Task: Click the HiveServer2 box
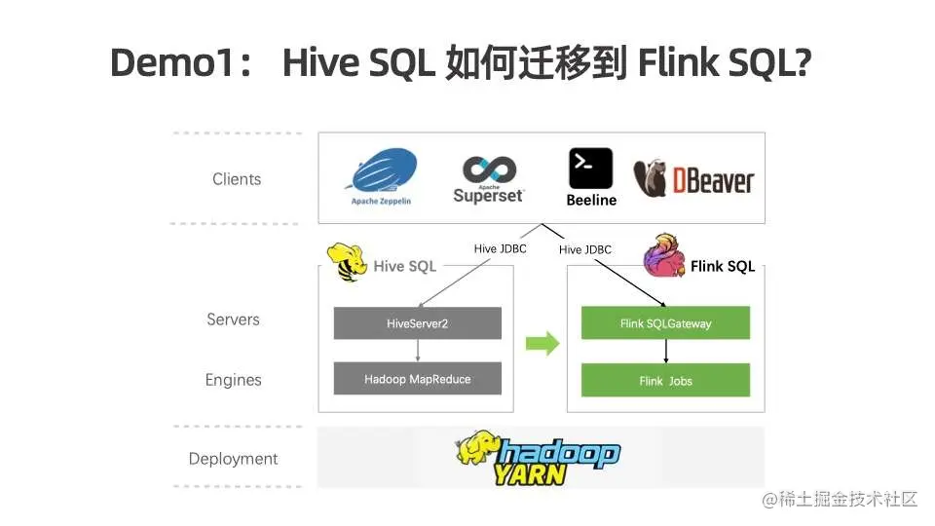pos(417,323)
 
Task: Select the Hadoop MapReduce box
pos(417,379)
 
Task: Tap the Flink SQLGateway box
pos(665,323)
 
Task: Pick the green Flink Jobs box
pos(665,381)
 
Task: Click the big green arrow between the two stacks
pos(542,343)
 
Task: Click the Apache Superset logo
pos(488,178)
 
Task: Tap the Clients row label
pos(237,179)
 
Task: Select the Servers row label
pos(233,319)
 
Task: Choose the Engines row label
pos(233,380)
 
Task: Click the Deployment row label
pos(233,459)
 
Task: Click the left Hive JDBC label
pos(500,248)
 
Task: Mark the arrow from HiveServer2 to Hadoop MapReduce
pos(417,351)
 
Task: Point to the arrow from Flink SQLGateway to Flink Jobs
pos(665,351)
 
